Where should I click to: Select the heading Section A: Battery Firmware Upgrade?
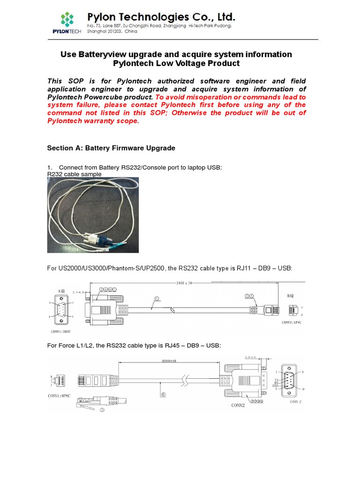click(111, 148)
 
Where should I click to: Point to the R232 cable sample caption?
click(75, 174)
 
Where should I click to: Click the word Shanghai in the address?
click(99, 32)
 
